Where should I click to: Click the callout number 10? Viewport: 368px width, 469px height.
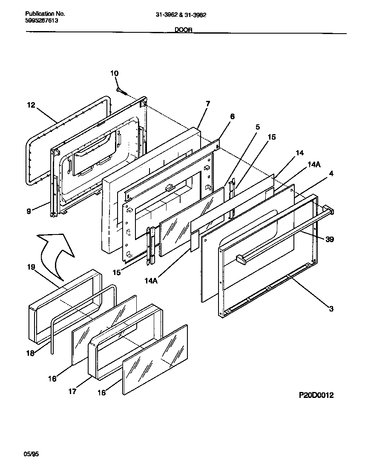114,74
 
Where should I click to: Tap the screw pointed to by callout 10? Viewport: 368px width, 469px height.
121,91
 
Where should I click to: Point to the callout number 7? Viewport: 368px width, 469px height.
207,103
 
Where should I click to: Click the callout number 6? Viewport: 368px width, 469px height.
232,116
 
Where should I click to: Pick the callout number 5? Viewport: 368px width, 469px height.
258,127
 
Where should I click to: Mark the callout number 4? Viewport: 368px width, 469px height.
331,173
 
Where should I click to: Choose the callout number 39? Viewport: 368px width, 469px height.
330,239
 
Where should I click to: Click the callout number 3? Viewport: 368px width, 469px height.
331,309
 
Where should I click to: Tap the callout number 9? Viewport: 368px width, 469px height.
29,211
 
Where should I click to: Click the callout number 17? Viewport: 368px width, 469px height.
72,392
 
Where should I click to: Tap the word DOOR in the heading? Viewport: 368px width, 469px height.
184,30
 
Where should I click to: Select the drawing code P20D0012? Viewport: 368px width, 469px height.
316,395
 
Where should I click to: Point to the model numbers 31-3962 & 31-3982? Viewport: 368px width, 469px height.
181,14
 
